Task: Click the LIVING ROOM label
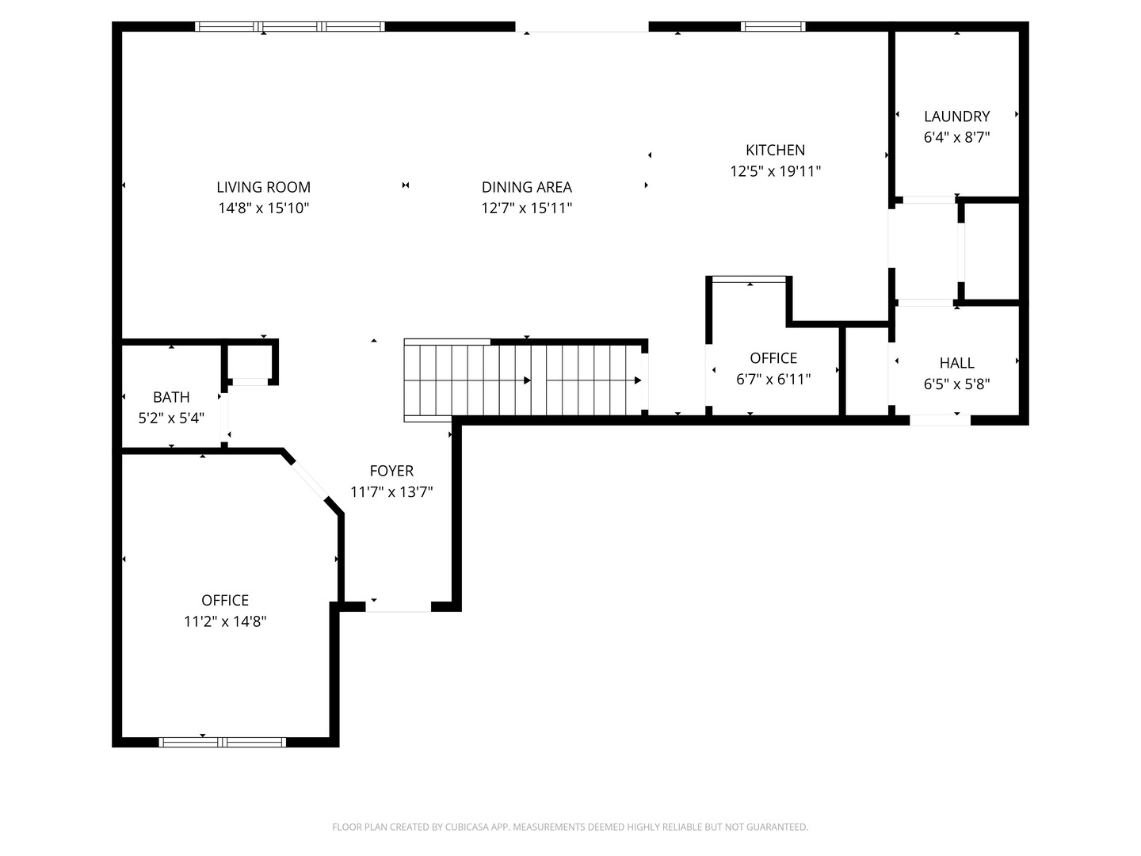point(264,187)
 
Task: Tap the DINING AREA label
point(527,187)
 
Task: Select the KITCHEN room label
point(775,151)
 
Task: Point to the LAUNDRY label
point(956,117)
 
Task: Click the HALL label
point(956,363)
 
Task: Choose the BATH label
point(171,397)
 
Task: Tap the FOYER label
point(391,471)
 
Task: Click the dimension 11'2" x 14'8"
point(225,621)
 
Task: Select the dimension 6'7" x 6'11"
point(773,380)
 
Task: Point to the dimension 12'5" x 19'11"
point(775,171)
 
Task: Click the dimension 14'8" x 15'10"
point(264,208)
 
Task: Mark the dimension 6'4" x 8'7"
point(956,137)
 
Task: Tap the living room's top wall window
point(290,26)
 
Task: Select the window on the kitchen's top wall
point(773,26)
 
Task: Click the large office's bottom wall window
point(223,742)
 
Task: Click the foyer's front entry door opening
point(399,607)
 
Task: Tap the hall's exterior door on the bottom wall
point(940,420)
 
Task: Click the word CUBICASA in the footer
point(466,827)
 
